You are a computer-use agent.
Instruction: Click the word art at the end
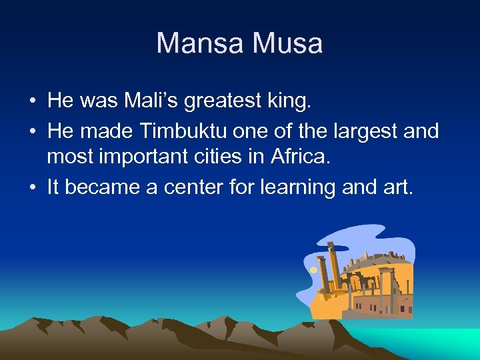click(400, 188)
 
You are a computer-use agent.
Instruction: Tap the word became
click(99, 188)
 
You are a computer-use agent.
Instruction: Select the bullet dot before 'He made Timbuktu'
click(32, 132)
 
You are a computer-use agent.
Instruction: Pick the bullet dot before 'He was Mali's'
click(32, 102)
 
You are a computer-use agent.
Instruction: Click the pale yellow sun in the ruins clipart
click(313, 270)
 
